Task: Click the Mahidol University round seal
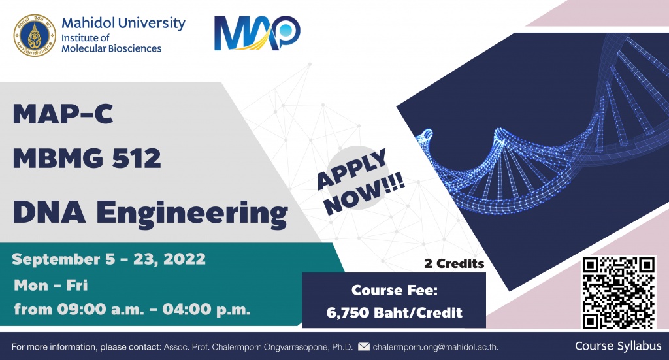coord(35,35)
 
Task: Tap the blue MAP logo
coord(257,33)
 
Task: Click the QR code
coord(619,293)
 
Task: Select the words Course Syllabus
coord(618,346)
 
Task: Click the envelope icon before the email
coord(363,346)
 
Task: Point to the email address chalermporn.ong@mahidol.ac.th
coord(435,347)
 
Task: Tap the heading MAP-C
coord(63,114)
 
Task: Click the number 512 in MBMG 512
coord(137,158)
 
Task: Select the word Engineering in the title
coord(192,213)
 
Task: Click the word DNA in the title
coord(49,212)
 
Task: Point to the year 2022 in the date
coord(185,259)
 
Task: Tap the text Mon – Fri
coord(51,285)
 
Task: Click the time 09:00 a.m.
coord(101,309)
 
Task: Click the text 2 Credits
coord(455,263)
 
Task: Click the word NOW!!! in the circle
coord(365,195)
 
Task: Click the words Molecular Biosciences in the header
coord(111,48)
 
